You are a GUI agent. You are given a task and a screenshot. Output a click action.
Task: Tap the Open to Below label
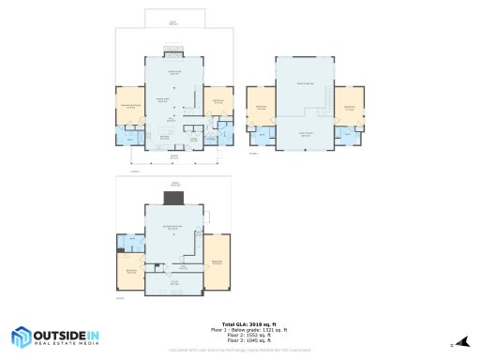(304, 83)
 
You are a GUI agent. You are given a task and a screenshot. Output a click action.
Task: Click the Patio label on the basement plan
(172, 185)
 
